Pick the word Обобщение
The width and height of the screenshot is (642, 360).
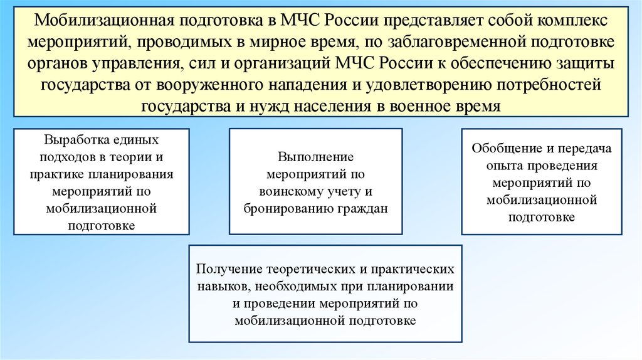(502, 149)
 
